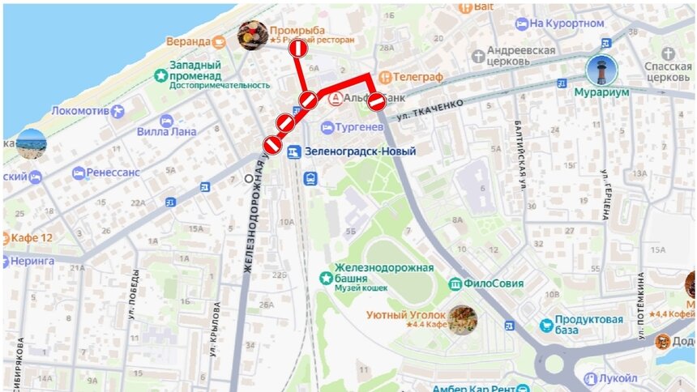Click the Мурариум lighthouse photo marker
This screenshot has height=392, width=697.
tap(601, 71)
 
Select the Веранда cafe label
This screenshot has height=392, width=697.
tap(188, 41)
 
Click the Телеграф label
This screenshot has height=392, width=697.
tap(419, 77)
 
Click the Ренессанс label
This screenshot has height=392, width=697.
tap(111, 173)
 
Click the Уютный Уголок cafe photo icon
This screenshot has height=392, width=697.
tap(463, 319)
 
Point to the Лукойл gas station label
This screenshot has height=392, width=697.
tap(619, 378)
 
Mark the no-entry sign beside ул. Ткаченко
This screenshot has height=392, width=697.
tap(377, 101)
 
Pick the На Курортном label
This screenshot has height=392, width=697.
tap(579, 24)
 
